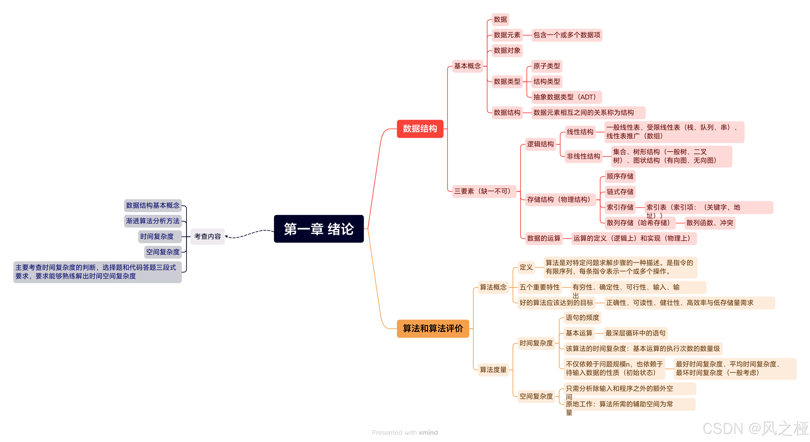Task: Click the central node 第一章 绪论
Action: (319, 229)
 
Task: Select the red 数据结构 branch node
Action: (420, 129)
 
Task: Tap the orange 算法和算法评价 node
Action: (433, 329)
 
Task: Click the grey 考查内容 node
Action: (207, 236)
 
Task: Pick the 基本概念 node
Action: (467, 66)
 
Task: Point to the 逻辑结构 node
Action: (540, 144)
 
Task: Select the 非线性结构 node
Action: (583, 156)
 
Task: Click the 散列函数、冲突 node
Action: (710, 223)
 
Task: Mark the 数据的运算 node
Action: (544, 238)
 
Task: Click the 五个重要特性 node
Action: (539, 287)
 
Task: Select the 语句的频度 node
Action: (582, 318)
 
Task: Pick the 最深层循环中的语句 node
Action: (635, 333)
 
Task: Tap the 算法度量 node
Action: (493, 370)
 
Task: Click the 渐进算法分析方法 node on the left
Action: (153, 221)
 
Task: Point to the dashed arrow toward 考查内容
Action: (248, 234)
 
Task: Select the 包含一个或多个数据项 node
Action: (567, 35)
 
